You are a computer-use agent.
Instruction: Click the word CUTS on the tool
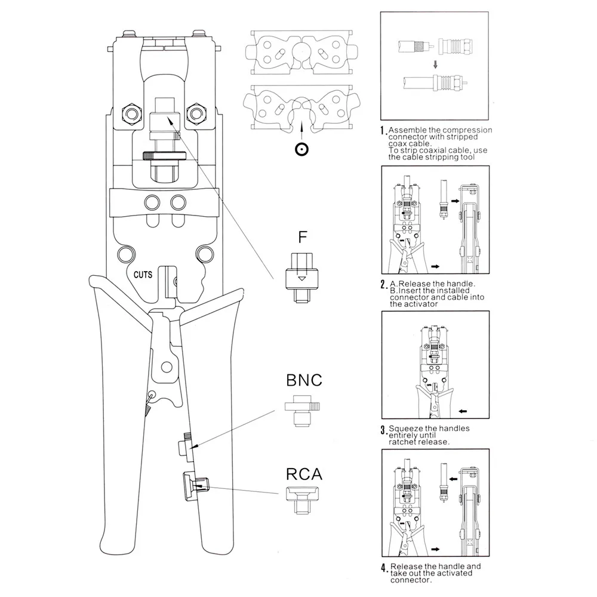(143, 275)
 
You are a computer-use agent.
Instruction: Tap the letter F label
(302, 237)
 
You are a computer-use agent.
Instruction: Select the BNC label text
(304, 380)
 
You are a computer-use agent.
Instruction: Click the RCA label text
(304, 475)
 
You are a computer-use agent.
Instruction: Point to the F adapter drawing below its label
(301, 278)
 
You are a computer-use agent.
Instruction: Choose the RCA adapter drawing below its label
(302, 500)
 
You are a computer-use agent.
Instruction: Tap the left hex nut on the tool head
(132, 113)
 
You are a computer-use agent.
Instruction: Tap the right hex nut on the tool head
(196, 113)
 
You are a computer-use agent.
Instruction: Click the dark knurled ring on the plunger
(165, 155)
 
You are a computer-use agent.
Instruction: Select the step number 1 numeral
(383, 131)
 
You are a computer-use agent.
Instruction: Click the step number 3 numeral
(383, 430)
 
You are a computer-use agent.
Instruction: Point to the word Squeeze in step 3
(405, 429)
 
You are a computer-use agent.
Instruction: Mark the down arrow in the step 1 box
(436, 64)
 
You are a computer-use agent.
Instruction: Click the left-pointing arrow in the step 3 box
(463, 411)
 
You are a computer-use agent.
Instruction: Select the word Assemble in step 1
(406, 130)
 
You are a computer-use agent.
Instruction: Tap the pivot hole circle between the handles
(167, 367)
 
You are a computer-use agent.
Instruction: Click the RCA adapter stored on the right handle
(195, 486)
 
